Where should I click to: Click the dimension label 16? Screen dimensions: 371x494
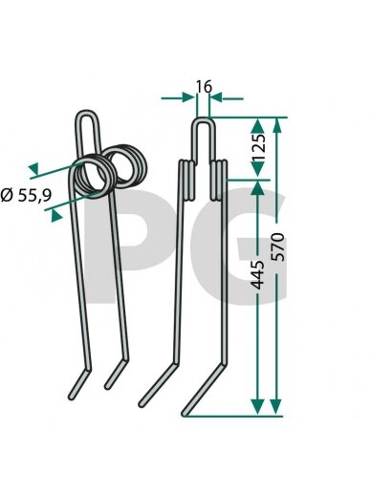click(x=204, y=87)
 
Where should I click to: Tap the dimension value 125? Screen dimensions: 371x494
click(x=258, y=147)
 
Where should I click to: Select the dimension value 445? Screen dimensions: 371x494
click(x=258, y=274)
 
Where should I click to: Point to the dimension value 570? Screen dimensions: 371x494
click(x=277, y=247)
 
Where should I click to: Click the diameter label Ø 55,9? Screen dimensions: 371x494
click(x=27, y=195)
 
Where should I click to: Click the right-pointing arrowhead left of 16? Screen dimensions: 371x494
click(x=188, y=97)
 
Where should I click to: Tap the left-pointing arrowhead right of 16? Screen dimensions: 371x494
click(x=215, y=97)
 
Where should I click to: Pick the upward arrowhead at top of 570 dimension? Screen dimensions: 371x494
click(x=277, y=125)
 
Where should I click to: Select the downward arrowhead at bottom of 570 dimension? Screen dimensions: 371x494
click(x=275, y=407)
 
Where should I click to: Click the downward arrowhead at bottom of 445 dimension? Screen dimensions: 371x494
click(x=257, y=407)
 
